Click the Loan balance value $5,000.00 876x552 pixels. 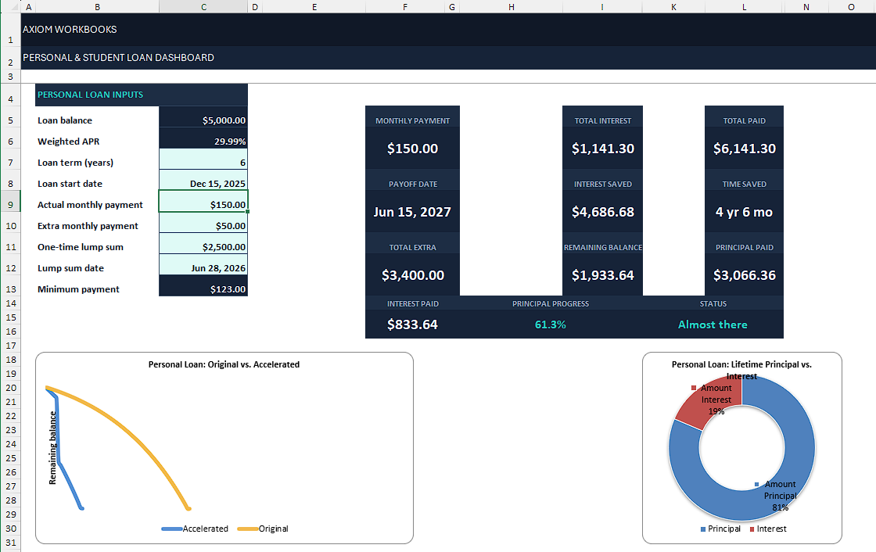224,120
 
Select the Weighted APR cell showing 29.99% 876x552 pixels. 230,142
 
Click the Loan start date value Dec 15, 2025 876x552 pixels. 217,184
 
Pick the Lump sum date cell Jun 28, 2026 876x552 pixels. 218,268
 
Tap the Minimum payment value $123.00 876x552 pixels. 228,289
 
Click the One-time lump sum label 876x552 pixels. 81,247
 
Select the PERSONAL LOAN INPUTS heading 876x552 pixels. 90,95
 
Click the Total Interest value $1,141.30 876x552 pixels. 603,149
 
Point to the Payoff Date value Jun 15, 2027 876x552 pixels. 412,213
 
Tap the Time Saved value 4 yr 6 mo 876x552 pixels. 744,213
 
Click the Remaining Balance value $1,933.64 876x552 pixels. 603,275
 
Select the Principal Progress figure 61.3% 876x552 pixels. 551,324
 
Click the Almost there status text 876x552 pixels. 713,324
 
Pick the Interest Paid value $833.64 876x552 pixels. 412,324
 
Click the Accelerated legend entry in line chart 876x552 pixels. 195,529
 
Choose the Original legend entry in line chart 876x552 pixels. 263,529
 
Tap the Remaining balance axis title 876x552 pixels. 53,447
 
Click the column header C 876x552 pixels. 203,7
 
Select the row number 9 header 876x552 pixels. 11,205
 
